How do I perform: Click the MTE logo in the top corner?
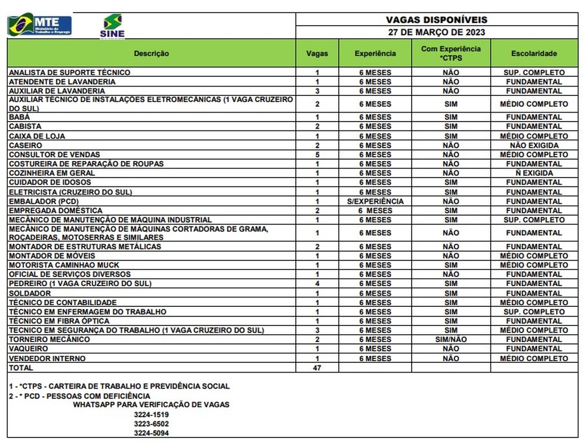tap(39, 26)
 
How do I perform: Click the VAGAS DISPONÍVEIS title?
tap(437, 20)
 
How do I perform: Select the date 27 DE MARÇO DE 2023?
tap(437, 32)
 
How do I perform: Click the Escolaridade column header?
tap(534, 54)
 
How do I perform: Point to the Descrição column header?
tap(152, 54)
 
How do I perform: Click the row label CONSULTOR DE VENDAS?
tap(54, 154)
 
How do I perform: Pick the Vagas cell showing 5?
tap(317, 154)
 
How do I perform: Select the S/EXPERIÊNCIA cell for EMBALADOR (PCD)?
tap(375, 201)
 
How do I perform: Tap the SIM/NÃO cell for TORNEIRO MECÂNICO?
tap(451, 339)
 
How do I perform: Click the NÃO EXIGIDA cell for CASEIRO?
tap(534, 145)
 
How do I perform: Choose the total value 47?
tap(317, 368)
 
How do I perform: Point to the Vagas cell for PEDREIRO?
tap(317, 284)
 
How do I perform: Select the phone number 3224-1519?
tap(151, 414)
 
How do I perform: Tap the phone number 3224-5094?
tap(151, 433)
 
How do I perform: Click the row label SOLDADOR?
tap(30, 293)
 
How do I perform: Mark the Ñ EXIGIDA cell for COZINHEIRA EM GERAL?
tap(534, 173)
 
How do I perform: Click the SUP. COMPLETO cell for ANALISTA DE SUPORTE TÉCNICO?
tap(534, 73)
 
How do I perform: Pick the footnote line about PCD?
tap(79, 396)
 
